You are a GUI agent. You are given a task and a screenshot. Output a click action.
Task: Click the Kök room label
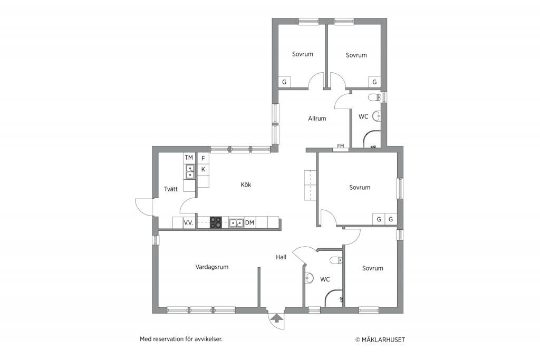(x=246, y=185)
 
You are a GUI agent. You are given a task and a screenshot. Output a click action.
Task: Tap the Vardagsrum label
(x=212, y=267)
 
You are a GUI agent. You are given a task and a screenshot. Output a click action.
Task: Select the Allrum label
(x=317, y=119)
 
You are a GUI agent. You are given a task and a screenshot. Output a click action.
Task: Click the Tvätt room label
(x=171, y=189)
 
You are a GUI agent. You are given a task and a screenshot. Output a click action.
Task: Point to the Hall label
(x=281, y=257)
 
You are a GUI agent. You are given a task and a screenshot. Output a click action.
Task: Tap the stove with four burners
(x=216, y=222)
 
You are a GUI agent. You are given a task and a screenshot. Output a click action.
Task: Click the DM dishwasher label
(x=249, y=222)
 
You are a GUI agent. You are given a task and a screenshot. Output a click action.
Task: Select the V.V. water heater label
(x=188, y=223)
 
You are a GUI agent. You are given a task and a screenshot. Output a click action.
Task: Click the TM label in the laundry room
(x=189, y=158)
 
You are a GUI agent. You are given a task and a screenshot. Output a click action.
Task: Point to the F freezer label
(x=203, y=158)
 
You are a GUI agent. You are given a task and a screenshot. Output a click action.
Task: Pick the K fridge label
(x=203, y=169)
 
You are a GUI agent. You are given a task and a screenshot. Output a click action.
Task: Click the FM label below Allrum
(x=341, y=146)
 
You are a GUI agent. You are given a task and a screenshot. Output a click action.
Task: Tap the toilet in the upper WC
(x=374, y=98)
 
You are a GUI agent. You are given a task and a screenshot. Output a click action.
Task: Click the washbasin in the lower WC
(x=309, y=278)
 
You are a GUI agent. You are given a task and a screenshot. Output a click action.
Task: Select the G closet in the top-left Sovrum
(x=284, y=82)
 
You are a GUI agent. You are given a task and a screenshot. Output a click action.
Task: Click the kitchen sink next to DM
(x=236, y=222)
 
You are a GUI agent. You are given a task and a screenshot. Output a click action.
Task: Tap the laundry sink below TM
(x=190, y=172)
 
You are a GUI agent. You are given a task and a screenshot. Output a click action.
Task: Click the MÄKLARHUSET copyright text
(x=380, y=339)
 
